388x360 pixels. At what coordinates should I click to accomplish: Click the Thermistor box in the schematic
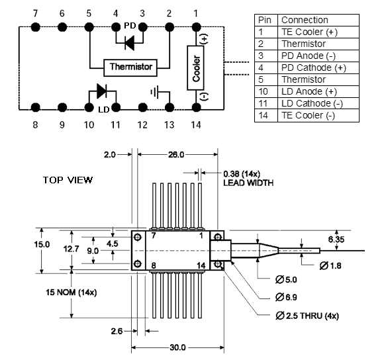(x=130, y=67)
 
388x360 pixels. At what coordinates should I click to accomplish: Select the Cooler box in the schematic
(x=196, y=67)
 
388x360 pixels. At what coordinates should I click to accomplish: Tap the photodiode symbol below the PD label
(x=129, y=43)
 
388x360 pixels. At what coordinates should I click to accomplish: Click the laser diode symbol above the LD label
(x=101, y=91)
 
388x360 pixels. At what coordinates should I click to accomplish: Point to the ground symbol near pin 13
(x=155, y=92)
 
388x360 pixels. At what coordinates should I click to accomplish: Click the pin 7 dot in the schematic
(x=35, y=26)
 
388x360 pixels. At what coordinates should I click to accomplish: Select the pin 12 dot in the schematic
(x=142, y=108)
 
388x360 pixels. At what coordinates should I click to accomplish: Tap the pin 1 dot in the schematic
(x=196, y=26)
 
